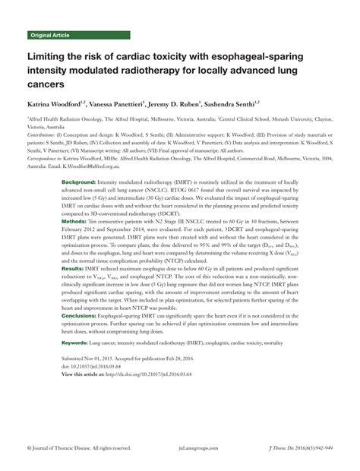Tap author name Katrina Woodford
click(57, 103)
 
